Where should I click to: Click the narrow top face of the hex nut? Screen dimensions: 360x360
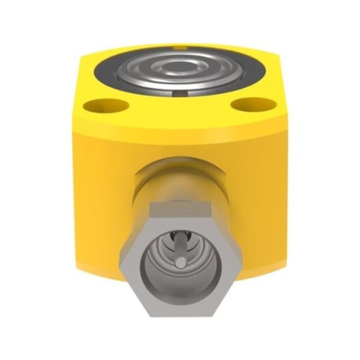(180, 205)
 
